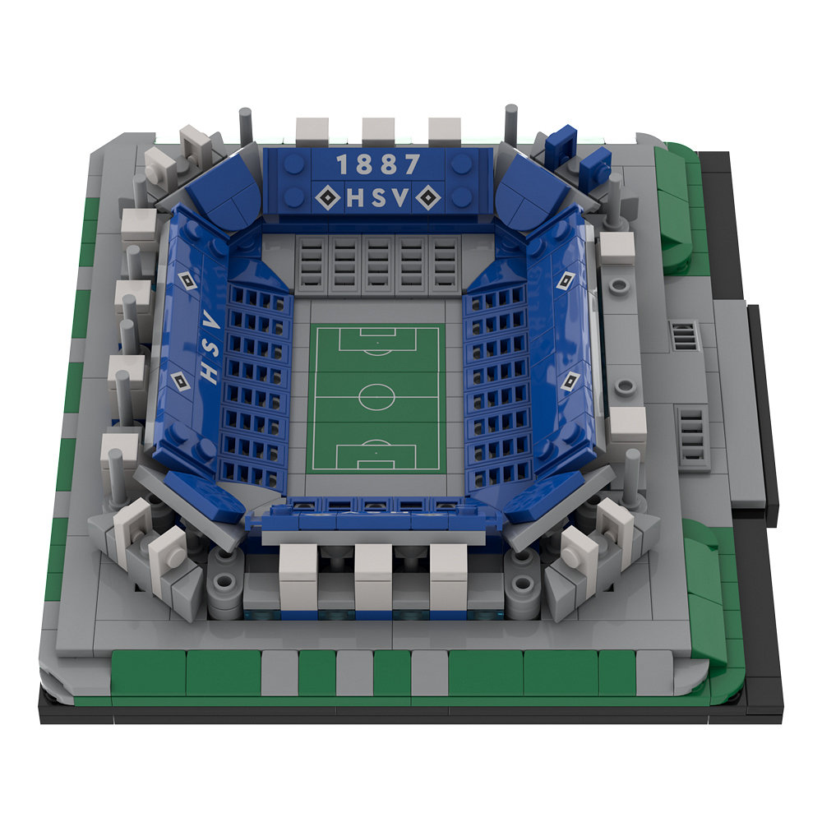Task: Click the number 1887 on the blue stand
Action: tap(378, 164)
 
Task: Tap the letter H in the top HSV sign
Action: tap(355, 197)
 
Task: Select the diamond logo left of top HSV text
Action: tap(329, 197)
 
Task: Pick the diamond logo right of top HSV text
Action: tap(428, 197)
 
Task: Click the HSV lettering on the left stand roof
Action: tap(210, 346)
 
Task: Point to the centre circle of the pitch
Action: tap(377, 397)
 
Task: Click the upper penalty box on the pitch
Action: tap(378, 339)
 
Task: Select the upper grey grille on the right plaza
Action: tap(684, 336)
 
